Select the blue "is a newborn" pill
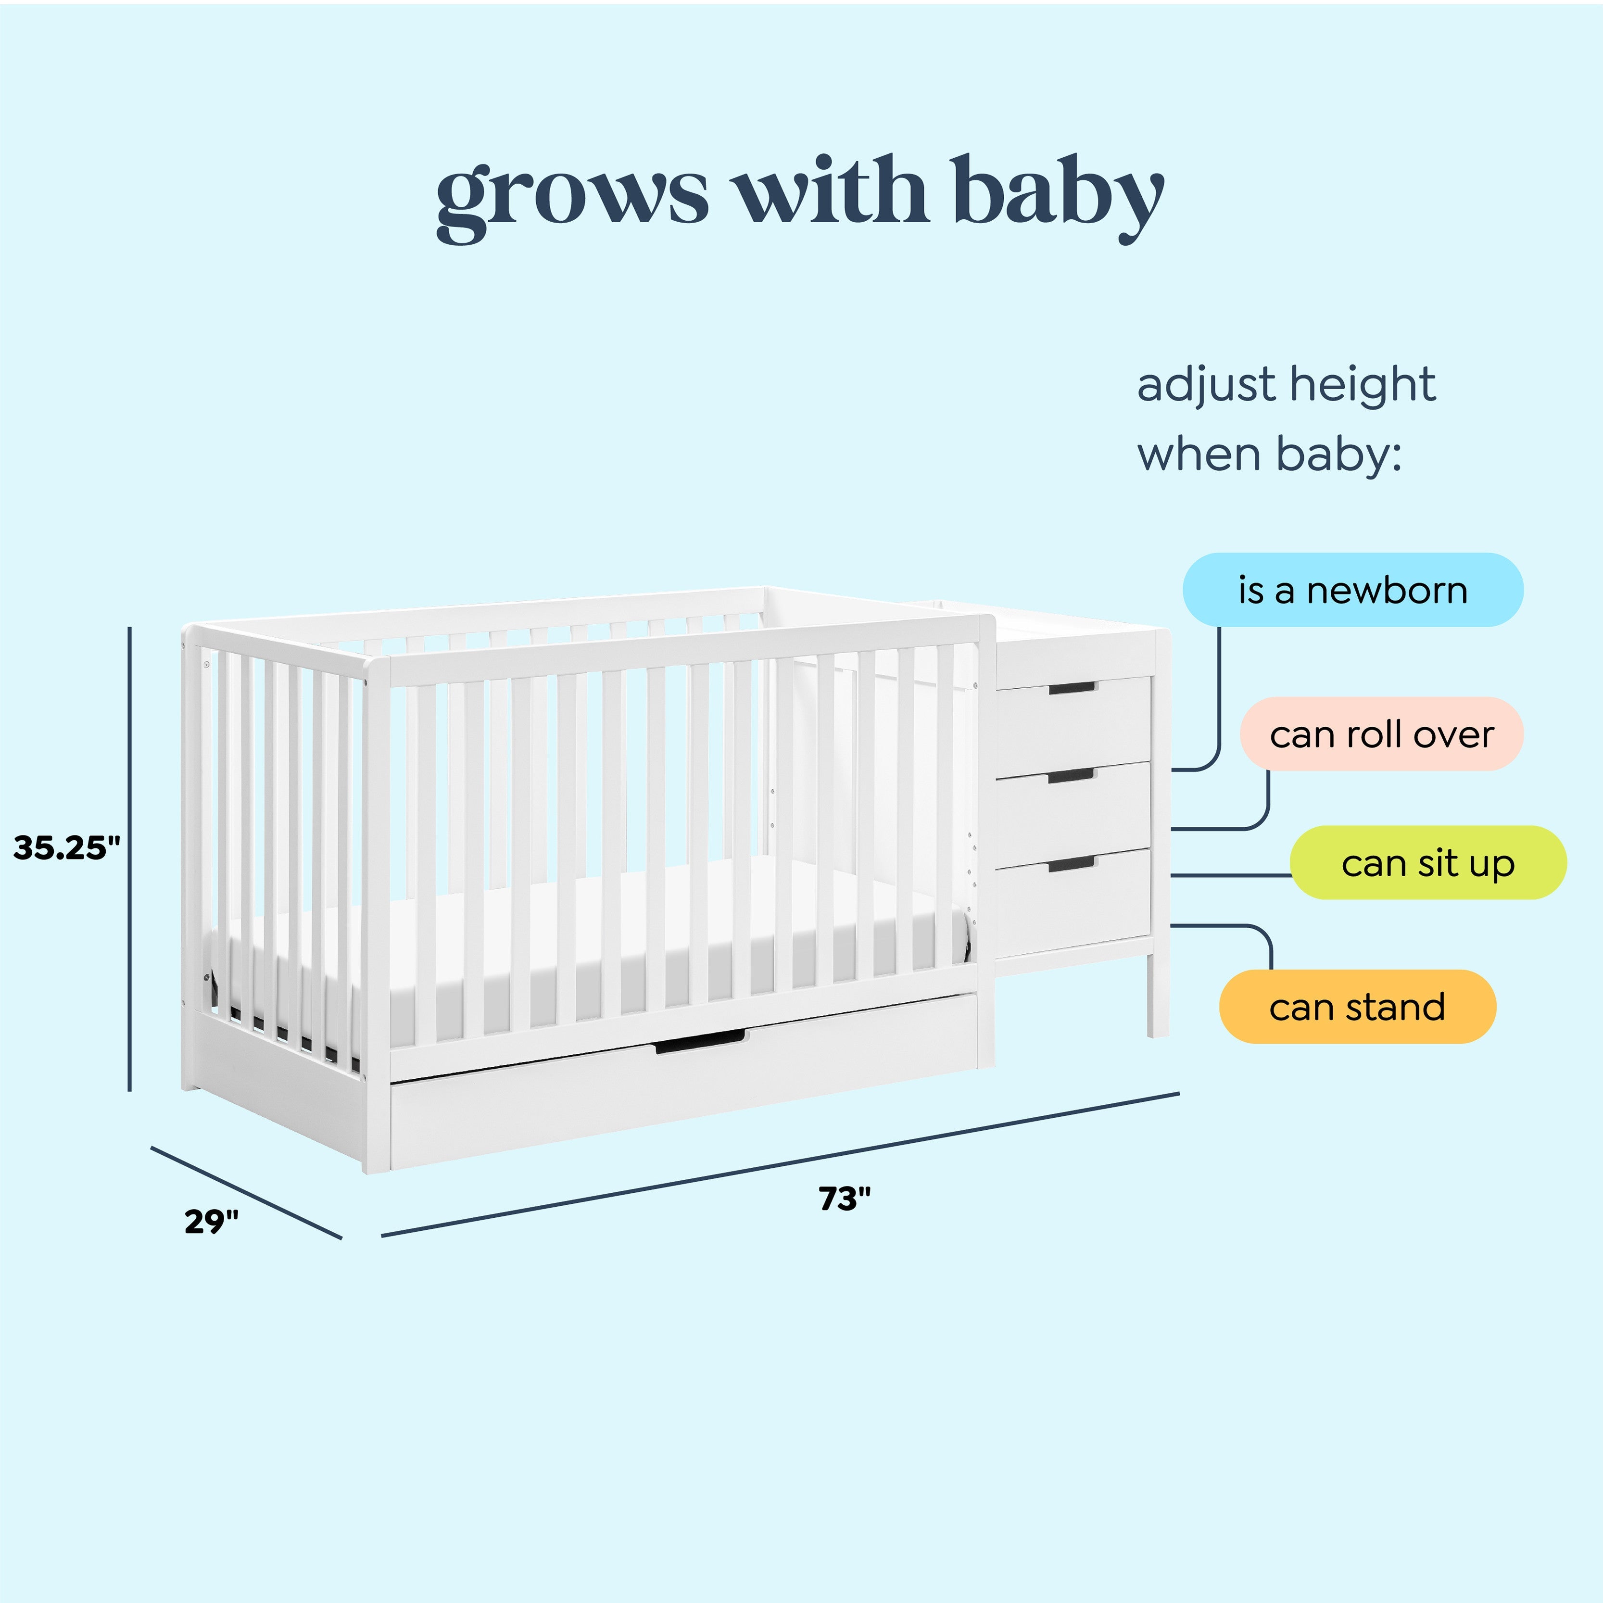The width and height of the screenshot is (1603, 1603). pyautogui.click(x=1352, y=590)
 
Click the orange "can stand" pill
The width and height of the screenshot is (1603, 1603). pyautogui.click(x=1357, y=1007)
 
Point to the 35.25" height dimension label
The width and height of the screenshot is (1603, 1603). pyautogui.click(x=66, y=847)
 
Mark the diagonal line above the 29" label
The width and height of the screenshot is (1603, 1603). pyautogui.click(x=246, y=1192)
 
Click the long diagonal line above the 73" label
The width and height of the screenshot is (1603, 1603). pyautogui.click(x=780, y=1164)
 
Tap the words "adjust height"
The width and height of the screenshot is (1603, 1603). pyautogui.click(x=1285, y=384)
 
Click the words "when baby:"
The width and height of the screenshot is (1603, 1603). pyautogui.click(x=1269, y=454)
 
